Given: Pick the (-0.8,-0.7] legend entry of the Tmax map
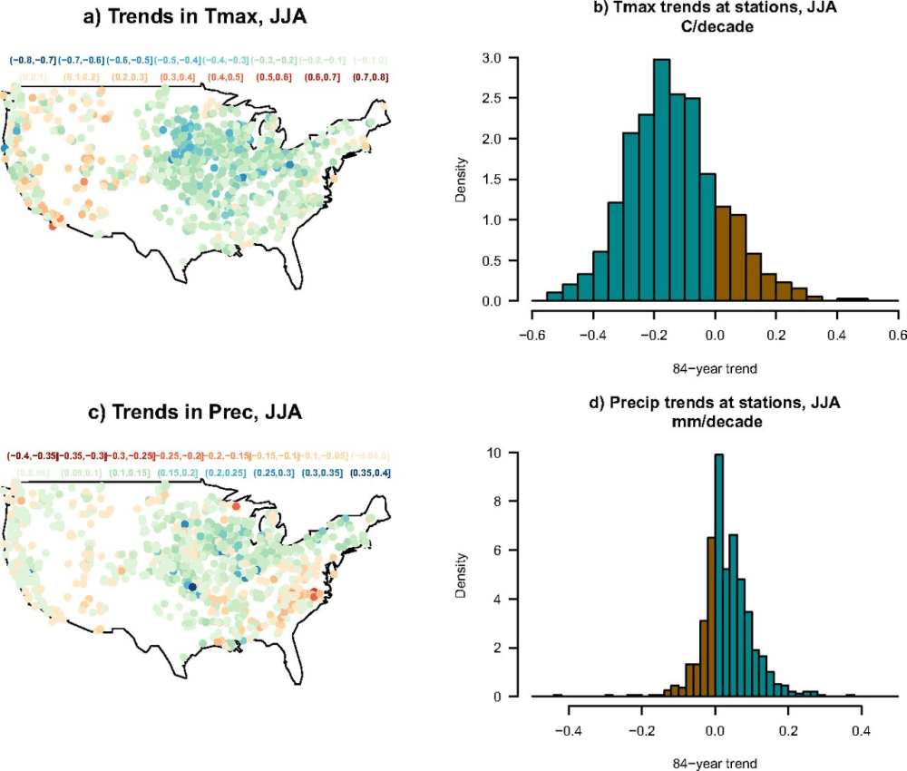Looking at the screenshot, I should click(34, 60).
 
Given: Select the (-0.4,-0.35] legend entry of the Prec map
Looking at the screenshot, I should click(31, 455).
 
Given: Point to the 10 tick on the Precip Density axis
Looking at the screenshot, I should click(512, 452).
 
